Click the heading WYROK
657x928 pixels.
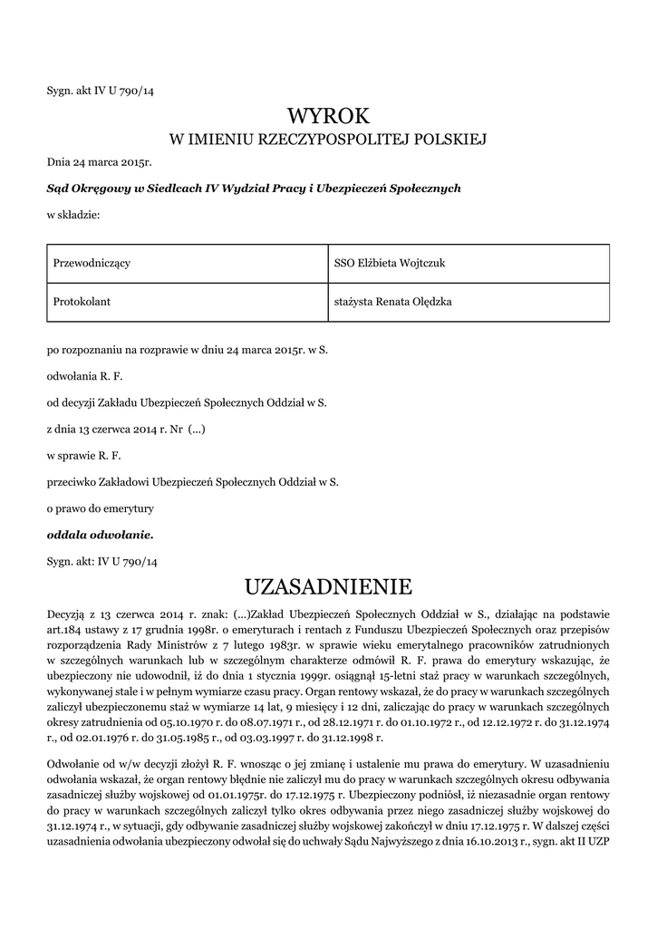point(328,115)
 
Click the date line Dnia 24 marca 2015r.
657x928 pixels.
point(100,163)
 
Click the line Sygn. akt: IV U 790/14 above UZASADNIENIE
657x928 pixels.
point(102,562)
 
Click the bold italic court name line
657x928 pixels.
point(254,188)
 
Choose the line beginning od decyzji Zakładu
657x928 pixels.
point(187,401)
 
